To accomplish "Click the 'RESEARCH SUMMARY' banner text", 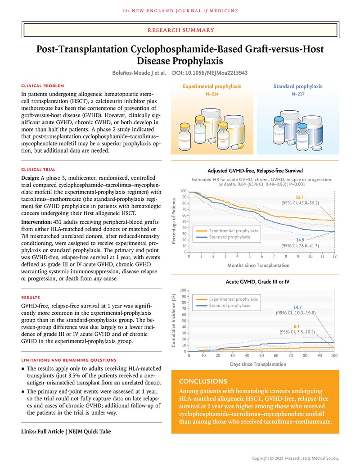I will (180, 30).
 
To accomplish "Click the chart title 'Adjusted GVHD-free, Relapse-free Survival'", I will (255, 171).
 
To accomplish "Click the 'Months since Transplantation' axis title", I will (258, 265).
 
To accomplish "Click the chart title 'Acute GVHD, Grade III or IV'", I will (255, 282).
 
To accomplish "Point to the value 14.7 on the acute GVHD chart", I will (297, 307).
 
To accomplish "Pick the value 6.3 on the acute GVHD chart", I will (297, 326).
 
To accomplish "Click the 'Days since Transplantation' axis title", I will (258, 364).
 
